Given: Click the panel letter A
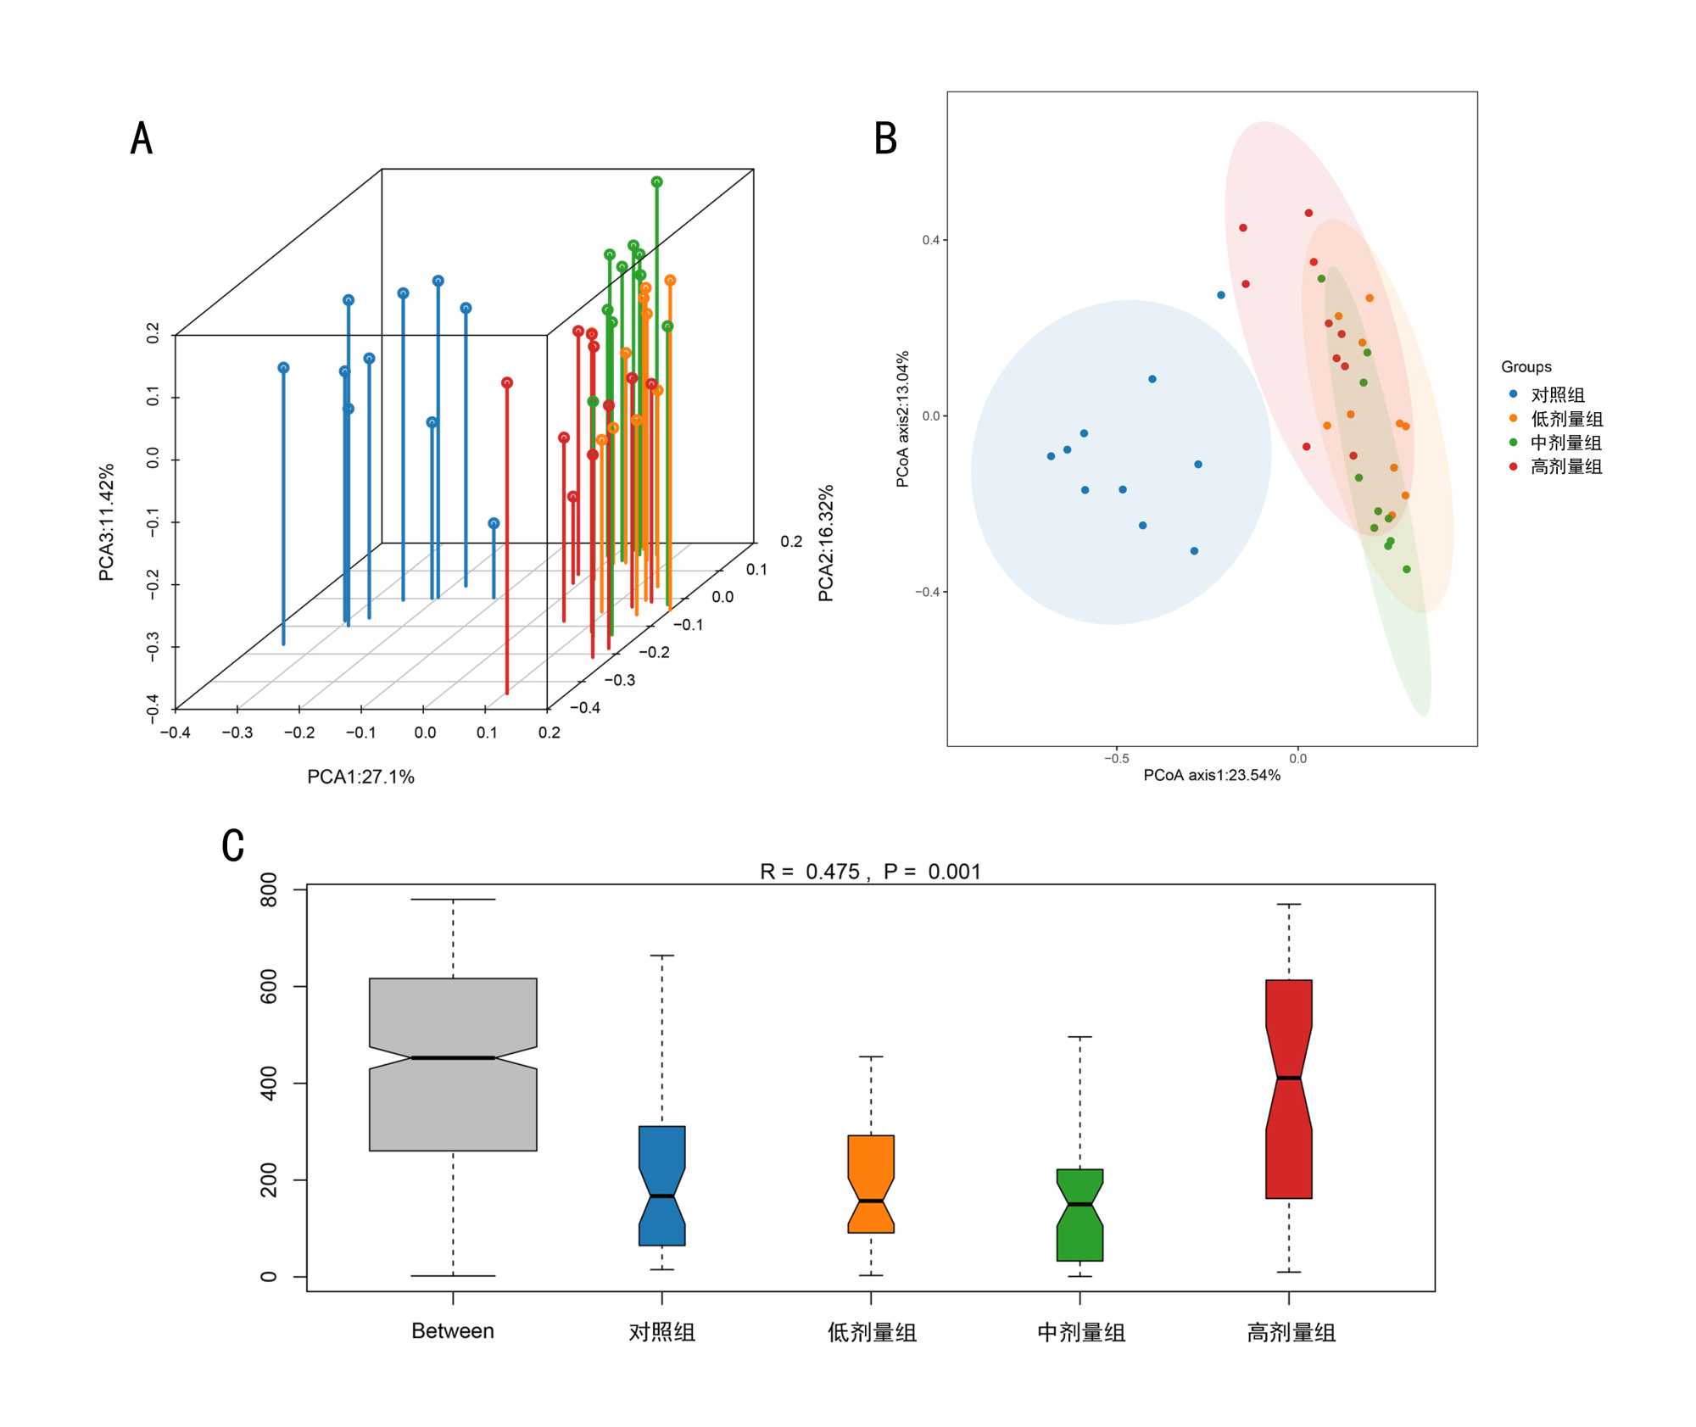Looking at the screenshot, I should point(142,137).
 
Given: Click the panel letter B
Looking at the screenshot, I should point(885,138).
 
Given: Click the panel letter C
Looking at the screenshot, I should point(233,845).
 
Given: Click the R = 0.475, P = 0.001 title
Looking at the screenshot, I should point(870,872).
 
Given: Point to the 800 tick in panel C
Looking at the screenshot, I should point(269,889).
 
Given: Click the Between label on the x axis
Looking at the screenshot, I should point(453,1330).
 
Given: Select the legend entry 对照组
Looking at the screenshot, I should point(1557,395).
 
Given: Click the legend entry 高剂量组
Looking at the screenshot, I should point(1565,466).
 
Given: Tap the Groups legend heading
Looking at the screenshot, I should point(1526,366).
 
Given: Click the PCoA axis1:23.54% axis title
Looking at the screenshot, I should point(1211,775).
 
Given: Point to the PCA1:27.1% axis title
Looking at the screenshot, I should point(360,777).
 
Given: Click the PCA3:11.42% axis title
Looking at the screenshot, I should point(106,522).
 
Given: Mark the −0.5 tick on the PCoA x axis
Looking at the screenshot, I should point(1117,758).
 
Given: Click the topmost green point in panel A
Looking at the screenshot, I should point(656,181).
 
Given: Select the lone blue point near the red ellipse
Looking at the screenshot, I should point(1220,295).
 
